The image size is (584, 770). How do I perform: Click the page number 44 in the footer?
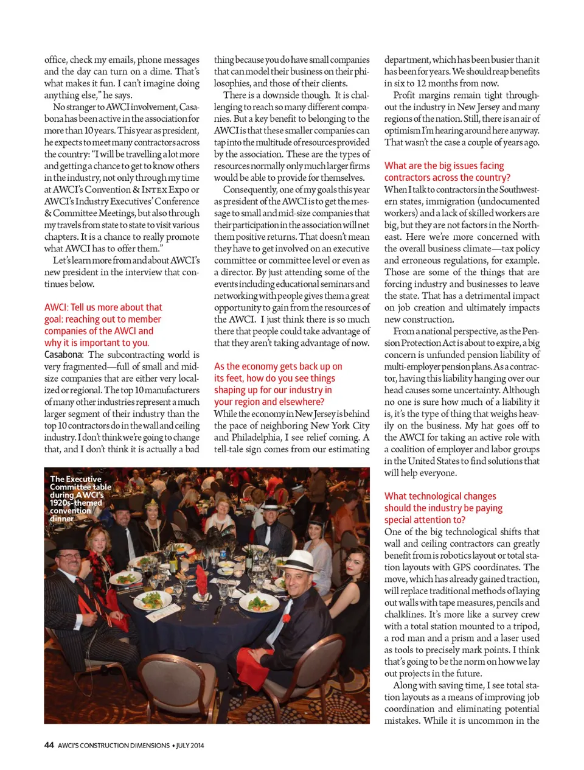click(x=49, y=745)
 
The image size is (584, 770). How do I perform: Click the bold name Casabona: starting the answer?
click(x=63, y=355)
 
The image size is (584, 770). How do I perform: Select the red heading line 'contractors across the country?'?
click(x=447, y=177)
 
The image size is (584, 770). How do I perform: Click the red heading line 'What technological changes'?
click(x=440, y=497)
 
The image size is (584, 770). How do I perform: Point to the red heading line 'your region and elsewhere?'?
click(x=269, y=402)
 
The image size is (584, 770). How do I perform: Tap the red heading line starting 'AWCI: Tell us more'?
click(x=103, y=307)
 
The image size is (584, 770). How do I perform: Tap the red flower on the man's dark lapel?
click(x=287, y=619)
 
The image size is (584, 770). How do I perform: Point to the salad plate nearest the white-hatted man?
click(x=259, y=603)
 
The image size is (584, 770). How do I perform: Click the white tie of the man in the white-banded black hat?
click(x=268, y=534)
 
